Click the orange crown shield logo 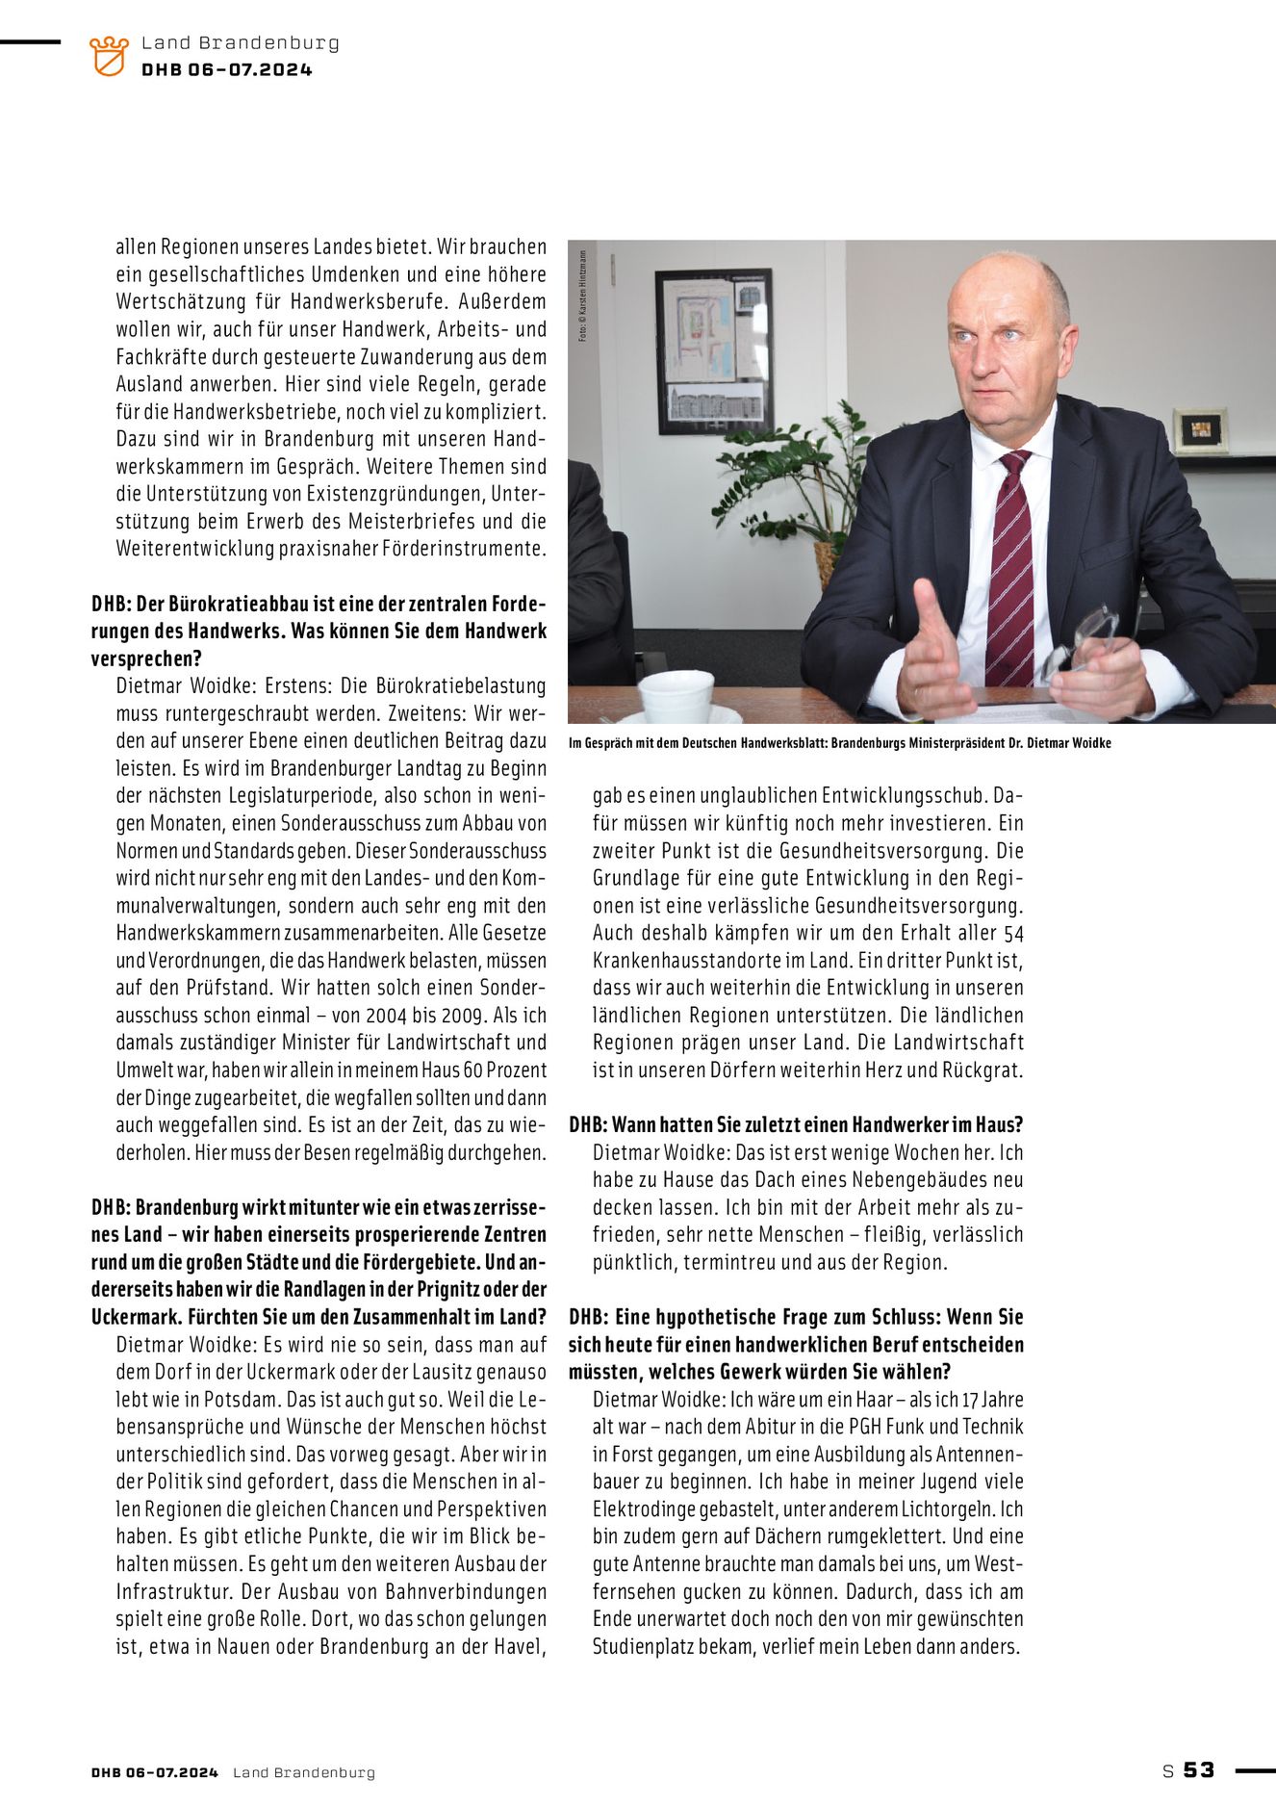tap(109, 56)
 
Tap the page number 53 tap(1199, 1769)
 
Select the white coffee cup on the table tap(676, 695)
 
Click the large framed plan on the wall tap(714, 351)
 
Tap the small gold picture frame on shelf tap(1201, 430)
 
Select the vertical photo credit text tap(583, 296)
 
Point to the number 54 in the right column tap(1013, 934)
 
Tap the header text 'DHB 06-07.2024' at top tap(227, 69)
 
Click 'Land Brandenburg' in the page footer tap(304, 1772)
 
